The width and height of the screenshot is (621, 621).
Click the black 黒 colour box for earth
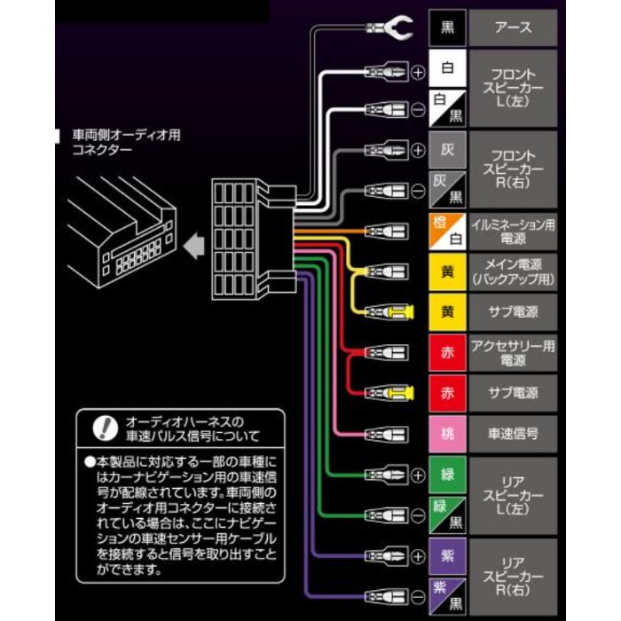[x=447, y=28]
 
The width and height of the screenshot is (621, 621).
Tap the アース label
[x=513, y=28]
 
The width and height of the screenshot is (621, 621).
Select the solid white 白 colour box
[x=447, y=67]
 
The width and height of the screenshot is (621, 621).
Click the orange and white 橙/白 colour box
[x=447, y=230]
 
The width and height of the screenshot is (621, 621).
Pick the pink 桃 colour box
[x=447, y=434]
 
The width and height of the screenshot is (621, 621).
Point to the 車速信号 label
[x=513, y=434]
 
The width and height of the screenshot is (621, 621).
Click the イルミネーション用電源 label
[x=513, y=230]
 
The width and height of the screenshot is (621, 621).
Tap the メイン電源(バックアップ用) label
[x=513, y=271]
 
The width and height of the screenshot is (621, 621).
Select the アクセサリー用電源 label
[x=513, y=352]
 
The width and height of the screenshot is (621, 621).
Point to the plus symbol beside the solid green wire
[x=418, y=475]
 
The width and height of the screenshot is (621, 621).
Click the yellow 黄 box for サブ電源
[x=447, y=311]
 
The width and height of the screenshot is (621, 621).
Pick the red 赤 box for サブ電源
[x=447, y=393]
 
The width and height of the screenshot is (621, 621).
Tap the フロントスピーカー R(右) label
[x=513, y=169]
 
